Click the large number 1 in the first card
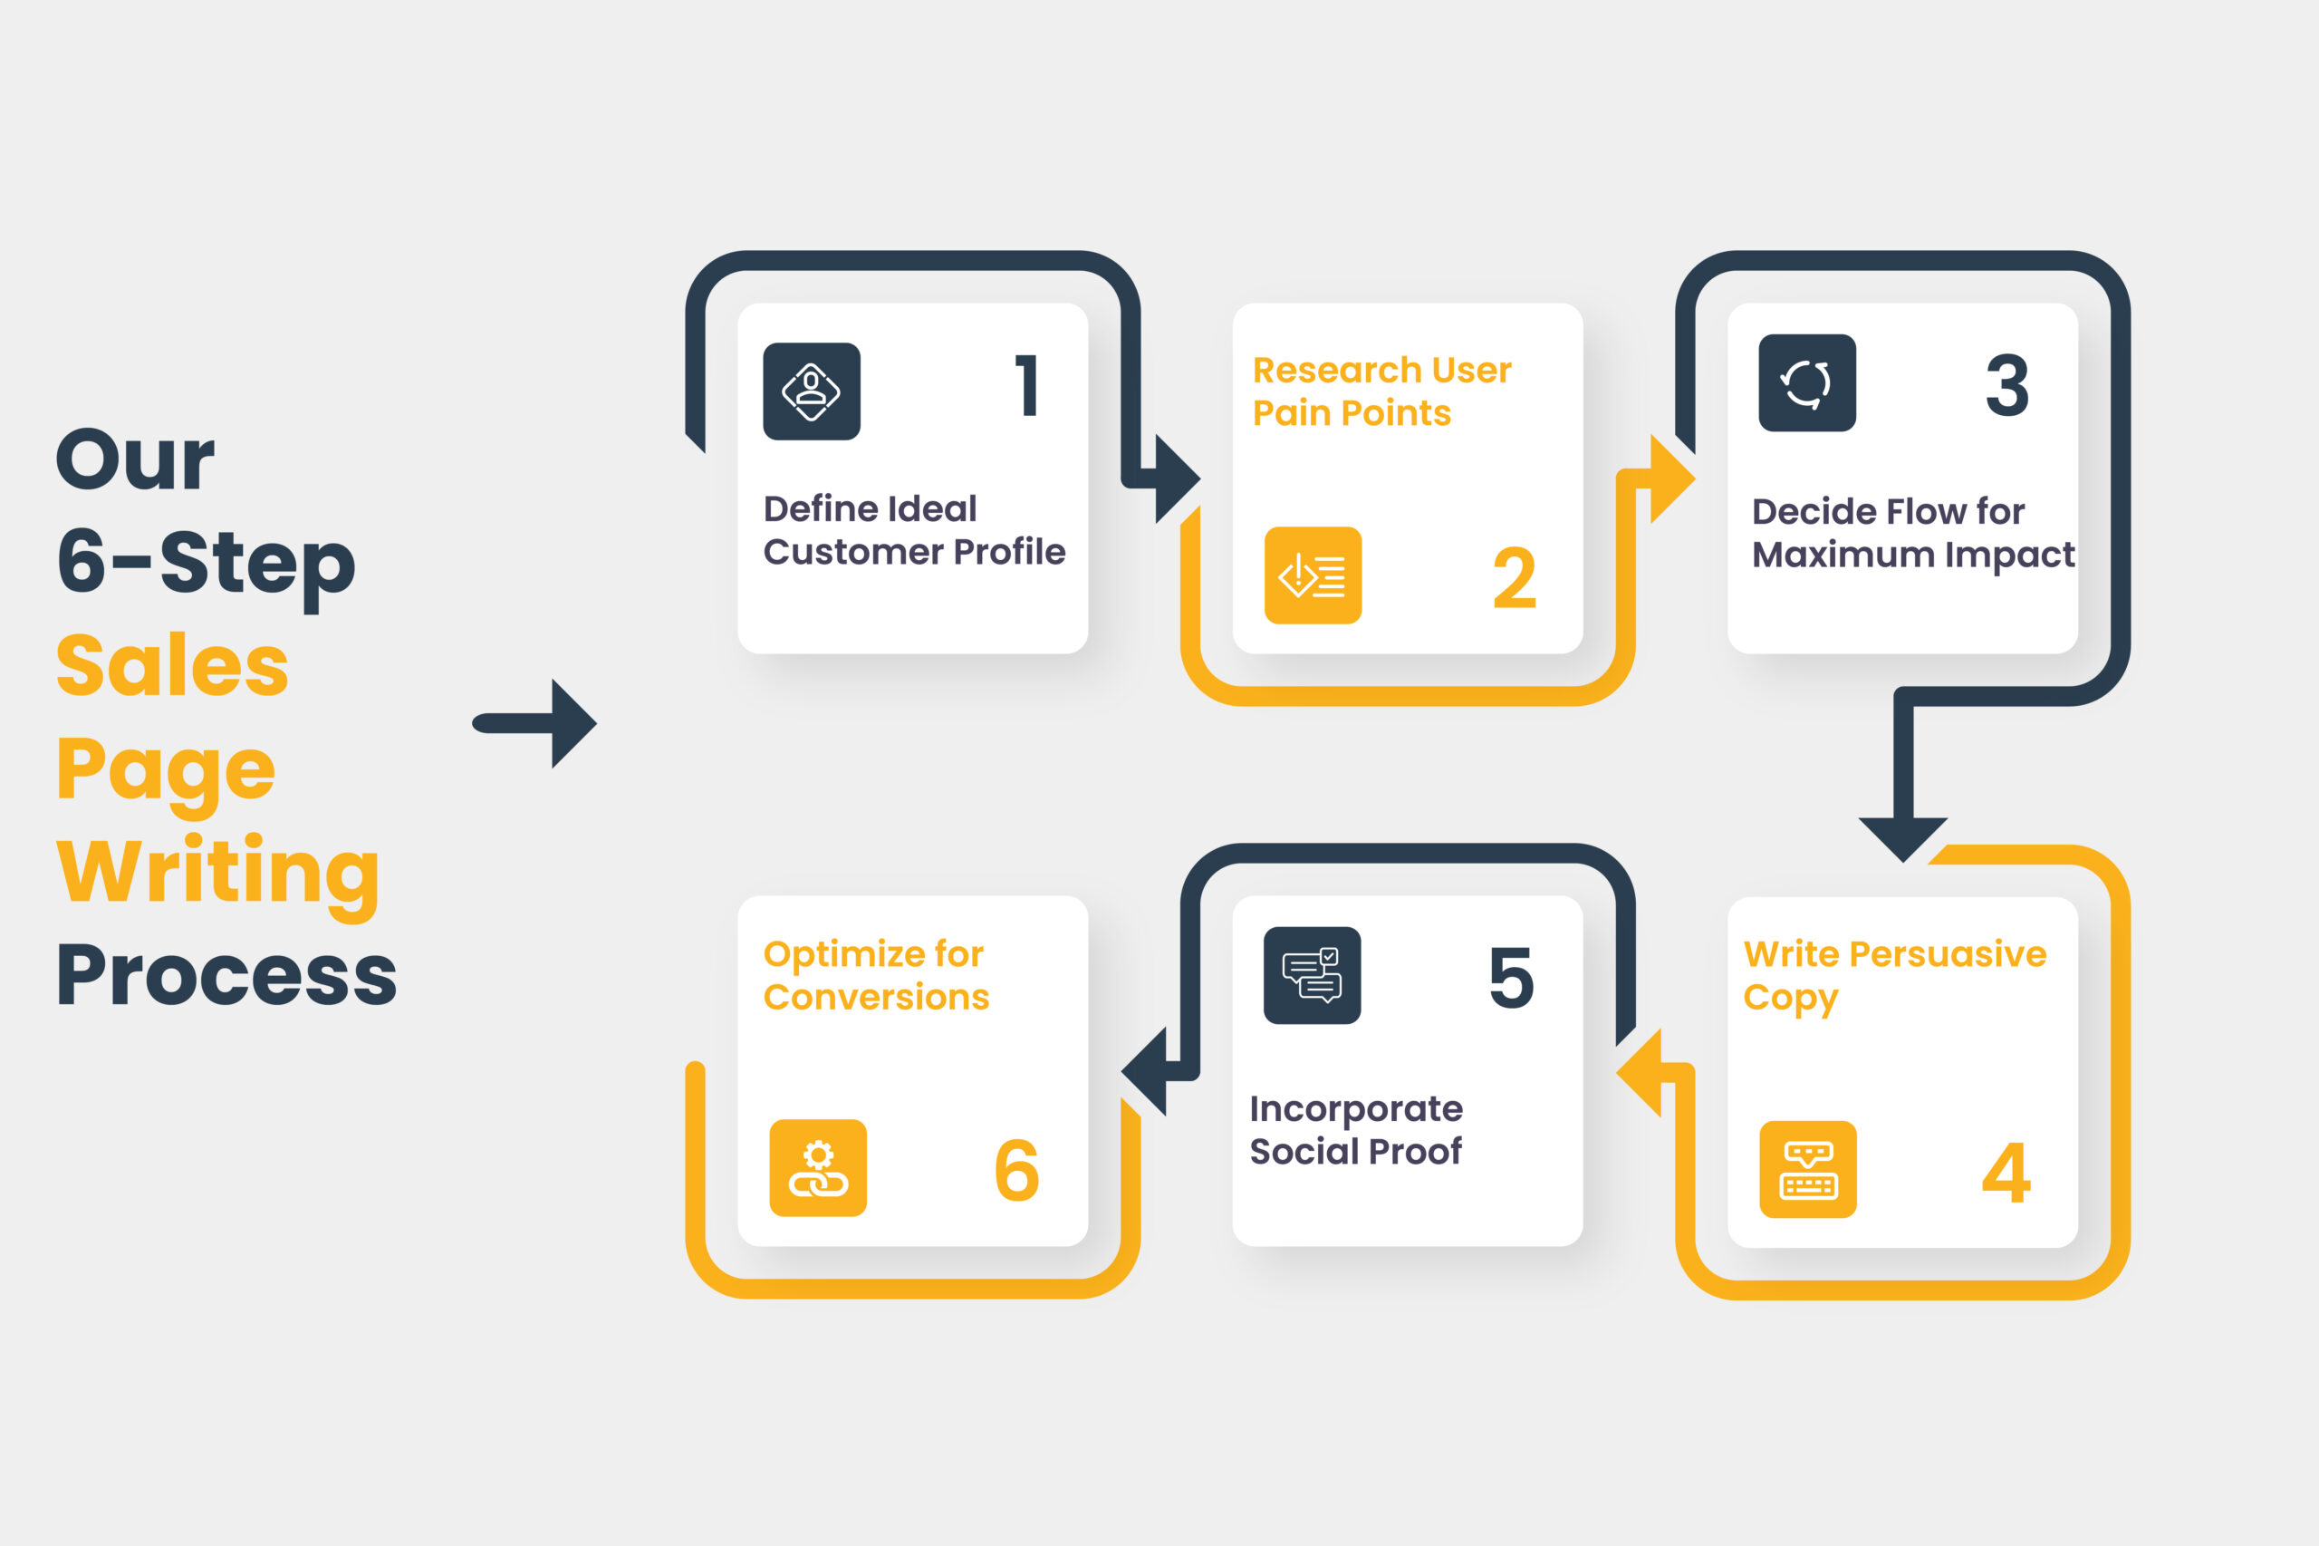[x=1026, y=384]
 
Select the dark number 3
[x=2006, y=384]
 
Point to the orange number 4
[x=2006, y=1173]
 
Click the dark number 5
[x=1511, y=977]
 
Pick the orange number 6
[x=1016, y=1170]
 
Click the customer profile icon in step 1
[x=811, y=391]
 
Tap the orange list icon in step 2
[x=1313, y=575]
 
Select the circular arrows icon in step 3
[x=1806, y=382]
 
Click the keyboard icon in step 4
[x=1807, y=1169]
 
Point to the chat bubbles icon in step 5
[x=1312, y=975]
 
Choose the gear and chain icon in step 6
[x=818, y=1167]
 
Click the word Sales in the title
[x=172, y=665]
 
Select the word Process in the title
[x=226, y=974]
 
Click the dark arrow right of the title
[x=534, y=724]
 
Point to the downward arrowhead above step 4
[x=1902, y=839]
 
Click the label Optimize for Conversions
[x=876, y=976]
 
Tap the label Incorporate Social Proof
[x=1356, y=1130]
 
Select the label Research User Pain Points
[x=1381, y=391]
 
